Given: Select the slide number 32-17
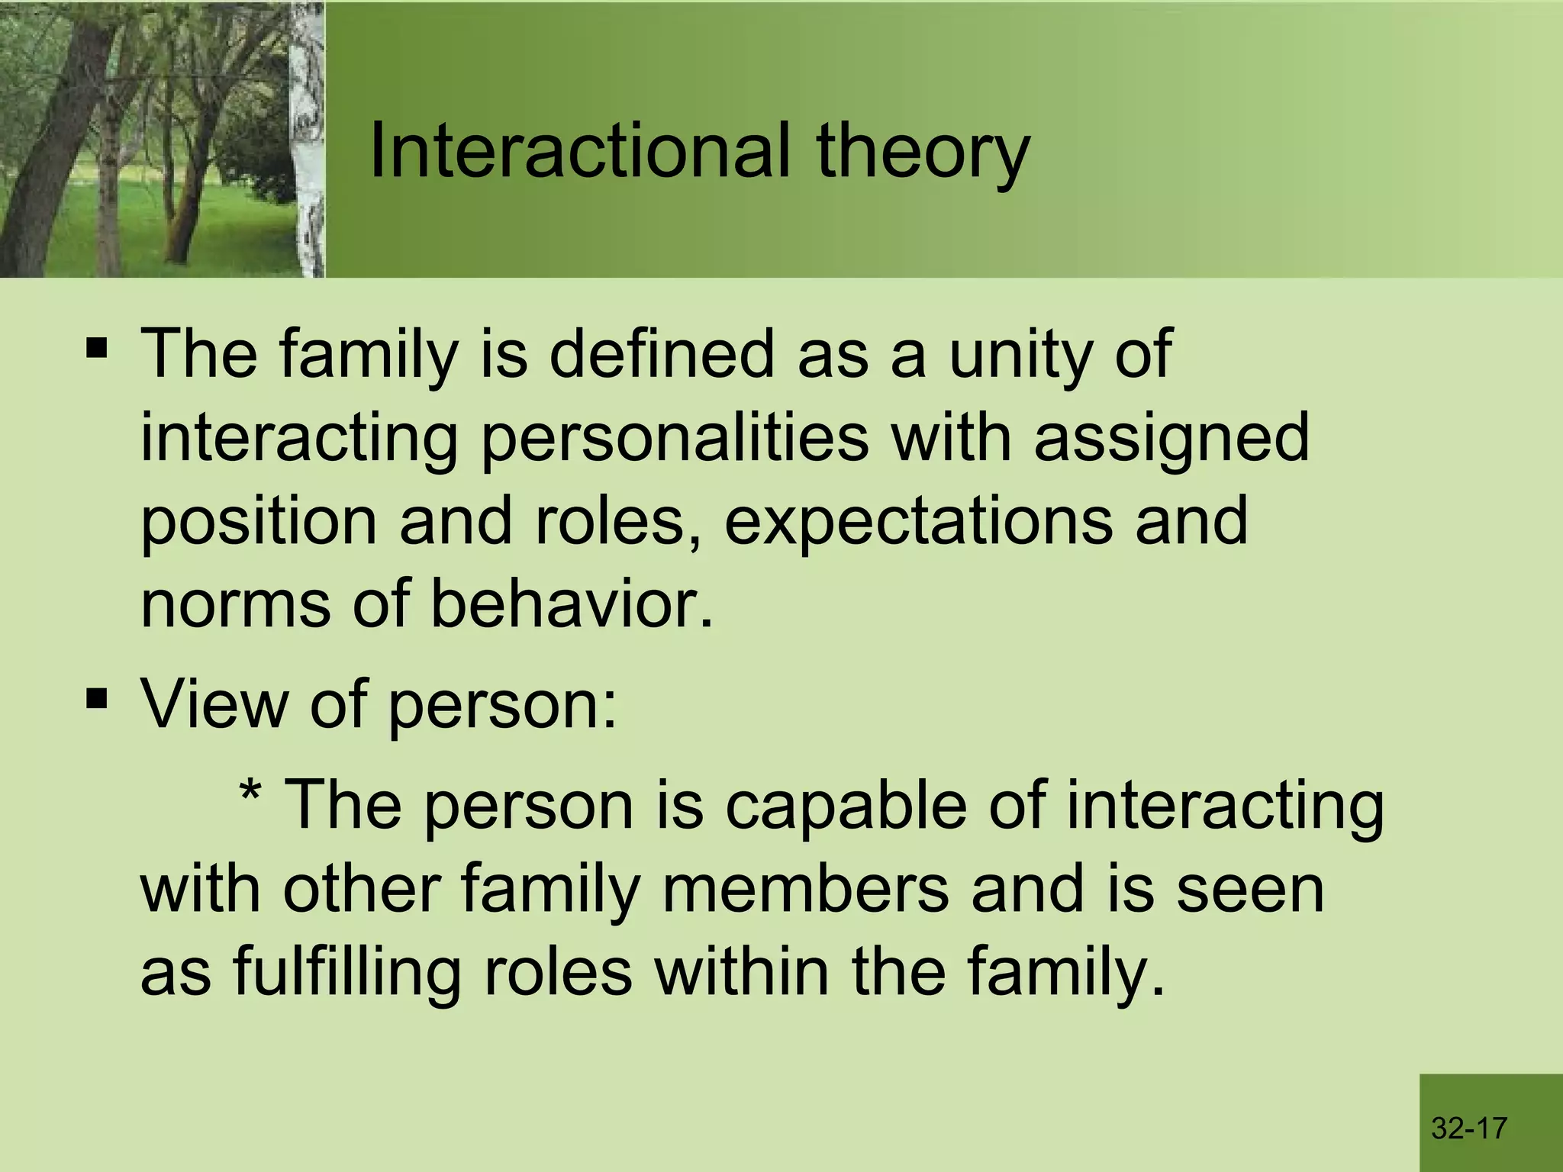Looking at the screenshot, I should point(1469,1128).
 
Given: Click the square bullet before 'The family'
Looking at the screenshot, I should point(97,349).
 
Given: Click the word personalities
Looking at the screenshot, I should point(675,440).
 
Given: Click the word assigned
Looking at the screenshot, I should point(1171,440).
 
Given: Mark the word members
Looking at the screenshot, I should point(805,889).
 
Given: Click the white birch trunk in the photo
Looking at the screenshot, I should point(308,137).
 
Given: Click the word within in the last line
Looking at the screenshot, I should point(742,971).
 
